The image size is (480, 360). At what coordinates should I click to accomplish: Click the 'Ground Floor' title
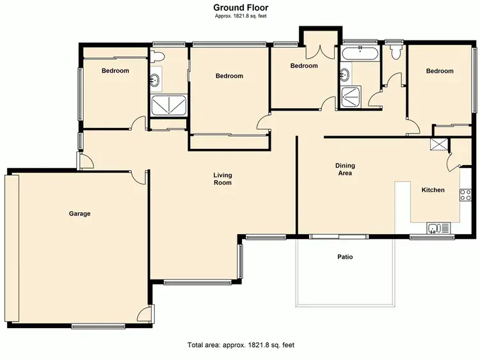coord(241,7)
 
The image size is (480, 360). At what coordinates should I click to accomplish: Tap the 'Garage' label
coord(80,214)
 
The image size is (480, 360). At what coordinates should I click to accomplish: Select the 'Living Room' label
coord(223,179)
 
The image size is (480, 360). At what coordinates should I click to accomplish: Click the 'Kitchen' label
coord(433,190)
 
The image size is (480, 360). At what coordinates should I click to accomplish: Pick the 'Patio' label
coord(346,257)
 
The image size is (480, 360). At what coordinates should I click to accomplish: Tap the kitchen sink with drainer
coord(438,227)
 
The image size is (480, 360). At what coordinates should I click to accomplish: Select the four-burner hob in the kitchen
coord(465,194)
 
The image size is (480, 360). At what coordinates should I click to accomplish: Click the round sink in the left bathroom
coord(156,80)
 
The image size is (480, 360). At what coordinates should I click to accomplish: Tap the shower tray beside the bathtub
coord(351,97)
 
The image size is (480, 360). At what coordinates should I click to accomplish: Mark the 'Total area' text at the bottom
coord(241,345)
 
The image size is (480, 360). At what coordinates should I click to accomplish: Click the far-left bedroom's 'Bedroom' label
coord(115,71)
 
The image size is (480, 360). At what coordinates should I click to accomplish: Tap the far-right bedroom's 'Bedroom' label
coord(440,71)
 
